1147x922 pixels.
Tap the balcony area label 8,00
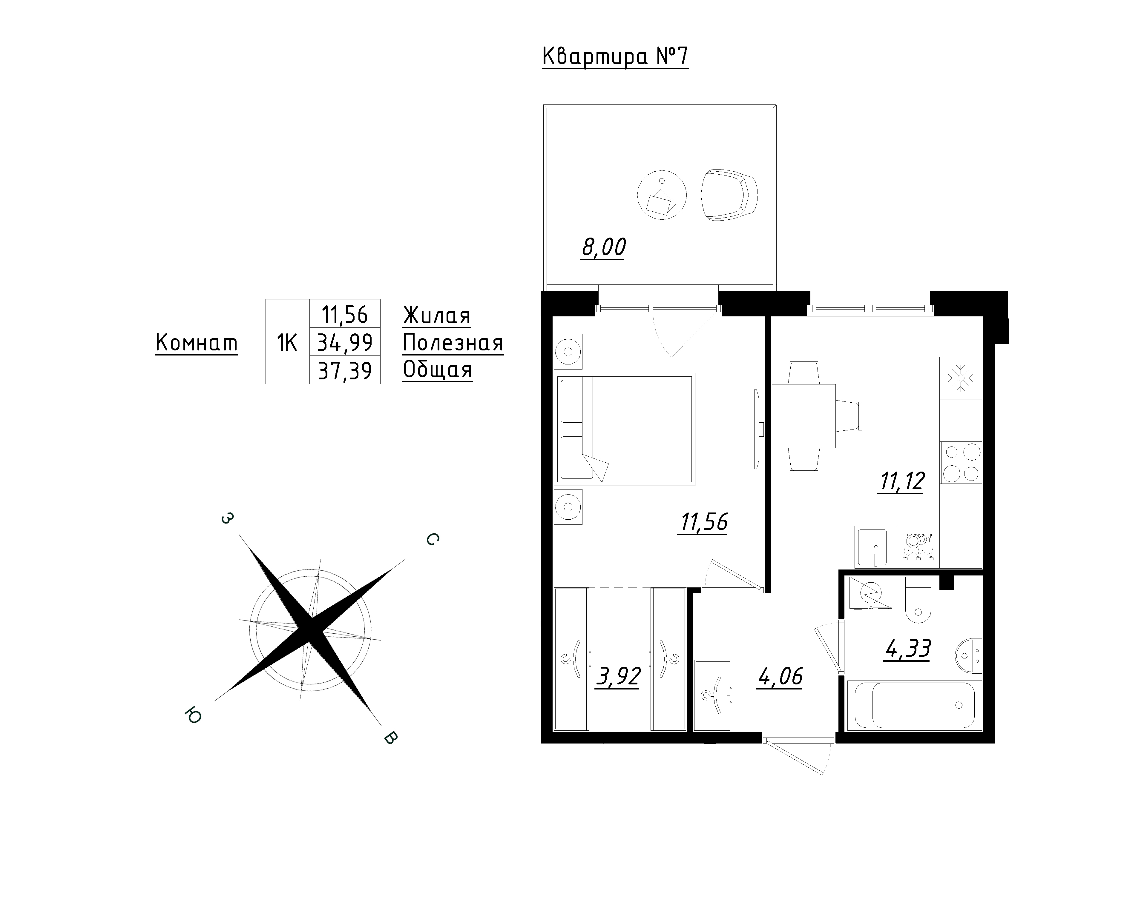[x=603, y=247]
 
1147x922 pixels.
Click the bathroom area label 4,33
[x=908, y=649]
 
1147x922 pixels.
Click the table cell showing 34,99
[x=345, y=342]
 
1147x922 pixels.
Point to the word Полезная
[x=453, y=343]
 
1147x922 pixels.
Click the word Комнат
[x=196, y=343]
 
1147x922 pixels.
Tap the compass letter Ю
[x=193, y=716]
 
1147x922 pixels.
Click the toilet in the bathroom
[x=918, y=599]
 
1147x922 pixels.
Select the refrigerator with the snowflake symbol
[x=961, y=378]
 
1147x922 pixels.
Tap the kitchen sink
[x=871, y=547]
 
